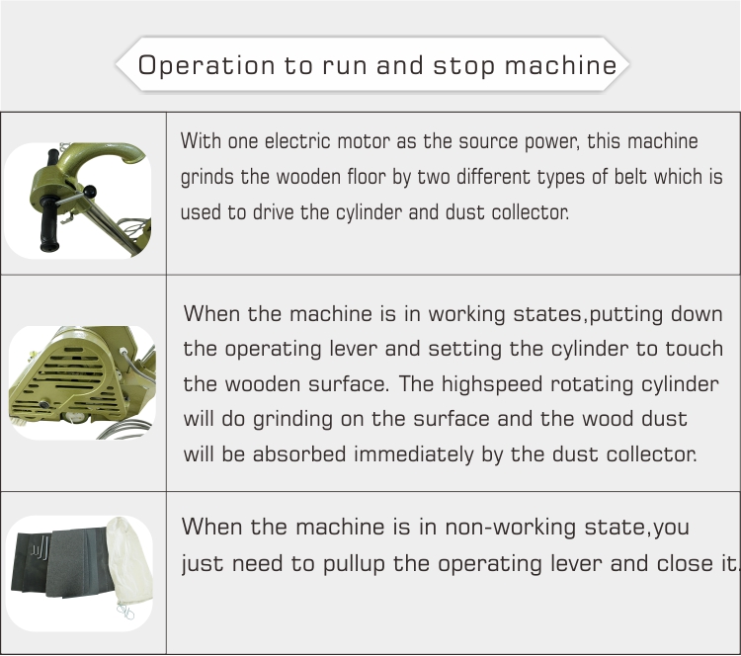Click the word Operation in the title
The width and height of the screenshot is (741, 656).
click(206, 65)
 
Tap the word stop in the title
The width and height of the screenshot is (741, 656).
click(464, 65)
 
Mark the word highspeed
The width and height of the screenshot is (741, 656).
click(491, 384)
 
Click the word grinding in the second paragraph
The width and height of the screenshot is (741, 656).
click(292, 420)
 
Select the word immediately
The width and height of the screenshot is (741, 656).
click(414, 454)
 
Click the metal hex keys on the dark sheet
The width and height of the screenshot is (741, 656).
click(41, 546)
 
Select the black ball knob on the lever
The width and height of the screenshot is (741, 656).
click(89, 193)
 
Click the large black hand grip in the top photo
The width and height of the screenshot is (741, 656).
click(49, 222)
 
